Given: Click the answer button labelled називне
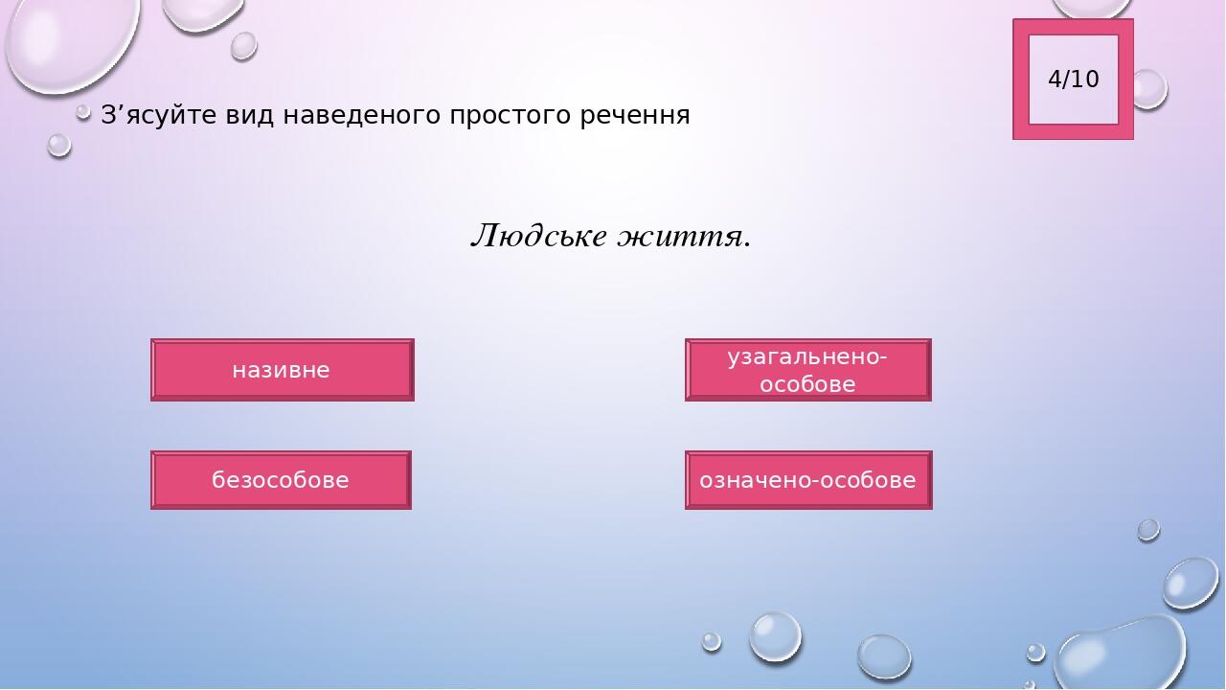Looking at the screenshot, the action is pos(283,370).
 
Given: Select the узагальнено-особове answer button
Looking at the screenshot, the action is pos(807,370).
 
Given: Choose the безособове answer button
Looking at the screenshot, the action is pos(281,480).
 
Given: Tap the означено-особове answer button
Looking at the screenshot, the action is pos(808,480).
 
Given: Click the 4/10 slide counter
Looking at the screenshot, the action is pos(1074,80).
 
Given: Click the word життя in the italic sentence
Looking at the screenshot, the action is pos(680,238).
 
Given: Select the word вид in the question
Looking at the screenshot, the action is pos(250,115).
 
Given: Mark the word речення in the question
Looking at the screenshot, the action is pos(635,116).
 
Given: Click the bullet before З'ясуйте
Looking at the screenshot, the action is pos(83,113).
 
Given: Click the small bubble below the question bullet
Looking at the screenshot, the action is pos(59,146).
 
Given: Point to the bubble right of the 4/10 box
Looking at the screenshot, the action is pos(1148,89).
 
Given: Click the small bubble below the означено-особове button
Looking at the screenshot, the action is pos(1148,530).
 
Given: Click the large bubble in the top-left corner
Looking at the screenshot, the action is pos(71,44).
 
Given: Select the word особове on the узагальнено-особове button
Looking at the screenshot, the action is pos(807,384).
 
